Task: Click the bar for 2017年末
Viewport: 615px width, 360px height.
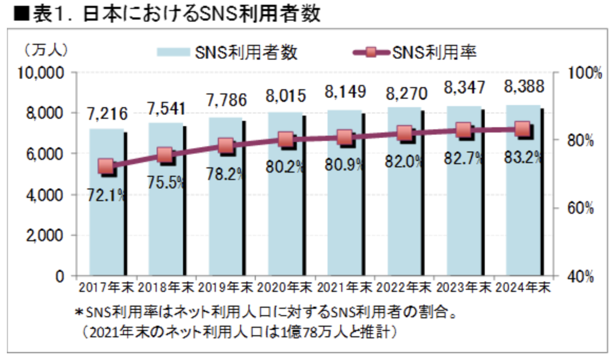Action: pos(107,222)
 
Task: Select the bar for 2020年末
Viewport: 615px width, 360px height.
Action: pos(285,222)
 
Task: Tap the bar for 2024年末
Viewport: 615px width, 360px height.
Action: pos(523,222)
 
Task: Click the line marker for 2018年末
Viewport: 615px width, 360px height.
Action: pos(165,155)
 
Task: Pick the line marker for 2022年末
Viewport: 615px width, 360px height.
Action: pos(405,134)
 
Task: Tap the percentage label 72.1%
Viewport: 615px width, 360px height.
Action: pos(107,196)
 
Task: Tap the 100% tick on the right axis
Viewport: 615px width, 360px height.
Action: pos(583,73)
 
